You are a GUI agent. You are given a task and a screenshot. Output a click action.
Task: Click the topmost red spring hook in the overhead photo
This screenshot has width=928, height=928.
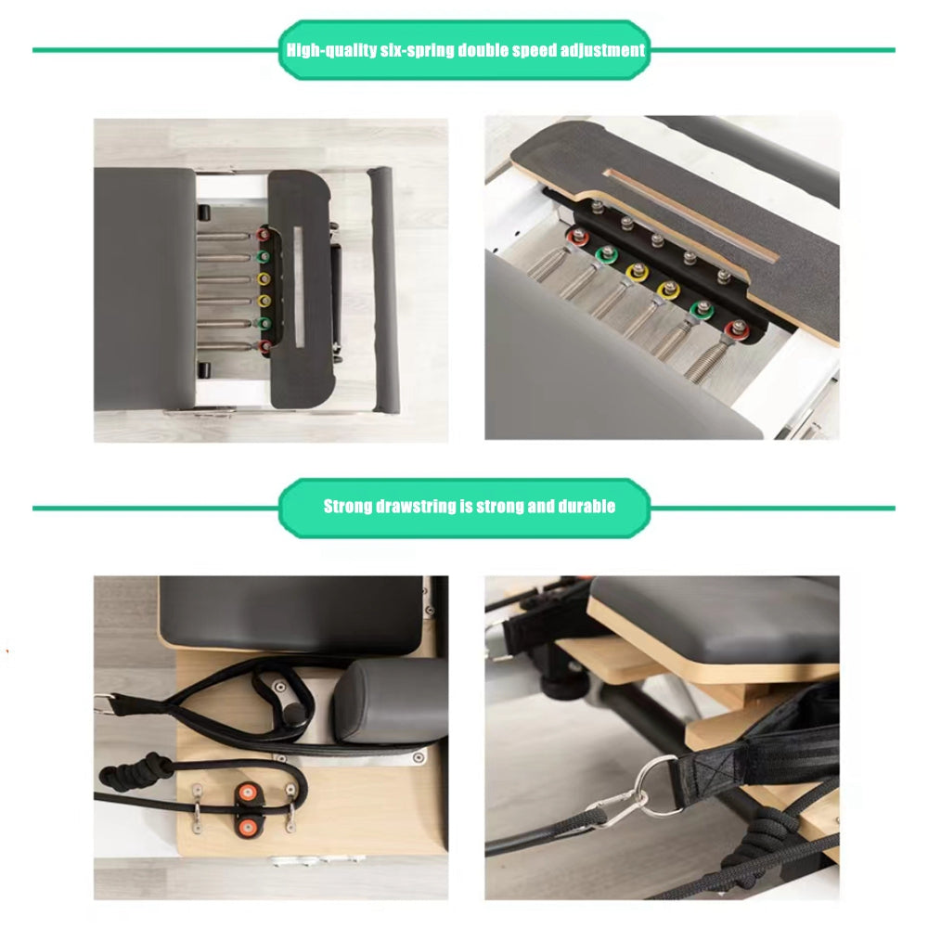(263, 235)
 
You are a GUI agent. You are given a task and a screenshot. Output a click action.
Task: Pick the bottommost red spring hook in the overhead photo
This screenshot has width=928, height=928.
(264, 345)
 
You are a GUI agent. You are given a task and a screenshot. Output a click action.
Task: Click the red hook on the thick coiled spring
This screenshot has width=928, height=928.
(738, 330)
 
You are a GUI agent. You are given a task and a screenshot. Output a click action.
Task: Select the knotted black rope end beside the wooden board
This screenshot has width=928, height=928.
(136, 768)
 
